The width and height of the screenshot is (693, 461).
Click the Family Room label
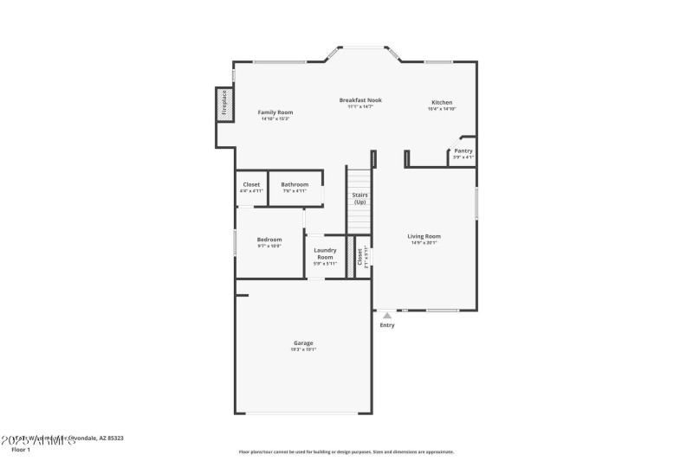click(275, 112)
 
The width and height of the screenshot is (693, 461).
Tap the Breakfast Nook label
click(359, 100)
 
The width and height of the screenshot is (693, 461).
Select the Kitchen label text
click(442, 102)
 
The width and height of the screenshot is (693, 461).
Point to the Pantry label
click(463, 150)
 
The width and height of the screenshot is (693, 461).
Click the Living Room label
click(424, 236)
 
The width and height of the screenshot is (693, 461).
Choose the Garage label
click(302, 343)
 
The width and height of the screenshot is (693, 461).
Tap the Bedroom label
click(269, 240)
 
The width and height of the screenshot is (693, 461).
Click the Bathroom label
click(295, 184)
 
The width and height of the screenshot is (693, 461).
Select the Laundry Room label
click(325, 253)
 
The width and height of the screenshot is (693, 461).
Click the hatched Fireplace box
click(224, 103)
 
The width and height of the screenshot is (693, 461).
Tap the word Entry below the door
click(387, 325)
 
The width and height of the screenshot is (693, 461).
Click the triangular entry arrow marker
click(387, 316)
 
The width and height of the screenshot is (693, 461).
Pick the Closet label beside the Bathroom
click(251, 184)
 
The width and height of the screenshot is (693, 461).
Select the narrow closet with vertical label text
click(362, 257)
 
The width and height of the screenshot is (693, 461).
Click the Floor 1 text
click(21, 450)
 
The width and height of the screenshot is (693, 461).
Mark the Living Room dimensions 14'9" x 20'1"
click(424, 243)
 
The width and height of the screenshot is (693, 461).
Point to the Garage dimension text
click(302, 349)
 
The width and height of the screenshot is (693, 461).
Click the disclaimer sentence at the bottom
click(346, 451)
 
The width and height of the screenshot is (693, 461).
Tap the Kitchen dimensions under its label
click(442, 109)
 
